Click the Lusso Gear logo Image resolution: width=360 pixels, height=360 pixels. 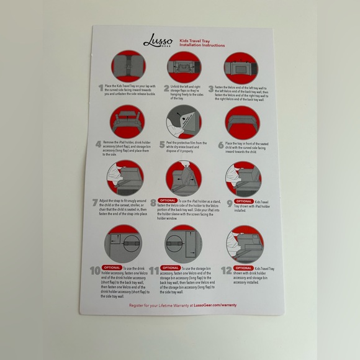[153, 42]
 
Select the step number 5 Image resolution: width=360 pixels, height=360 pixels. [163, 146]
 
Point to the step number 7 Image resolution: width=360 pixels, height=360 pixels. [96, 203]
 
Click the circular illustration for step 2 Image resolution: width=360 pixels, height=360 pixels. [184, 66]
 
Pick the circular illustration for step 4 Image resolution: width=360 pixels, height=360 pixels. [127, 122]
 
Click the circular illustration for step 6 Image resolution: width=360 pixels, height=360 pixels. [243, 122]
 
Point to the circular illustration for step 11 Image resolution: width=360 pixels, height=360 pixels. [184, 244]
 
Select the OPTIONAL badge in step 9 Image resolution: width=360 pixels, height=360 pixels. [243, 201]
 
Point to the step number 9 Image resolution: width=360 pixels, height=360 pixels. [229, 203]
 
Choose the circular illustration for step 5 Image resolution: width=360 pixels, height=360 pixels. [184, 122]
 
